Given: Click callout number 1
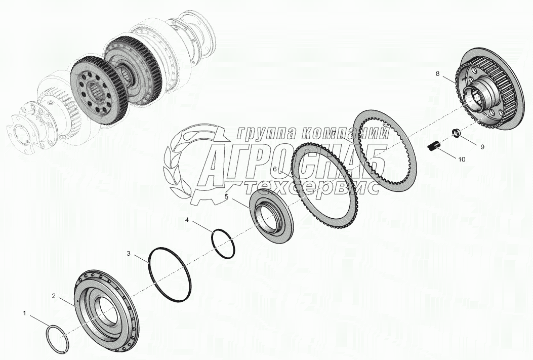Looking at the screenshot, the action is [24, 313].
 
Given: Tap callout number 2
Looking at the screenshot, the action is [53, 296].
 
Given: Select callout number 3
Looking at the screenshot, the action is [129, 253].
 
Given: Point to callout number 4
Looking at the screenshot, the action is [187, 220].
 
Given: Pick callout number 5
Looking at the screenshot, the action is [226, 196].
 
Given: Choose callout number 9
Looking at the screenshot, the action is [482, 147].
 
